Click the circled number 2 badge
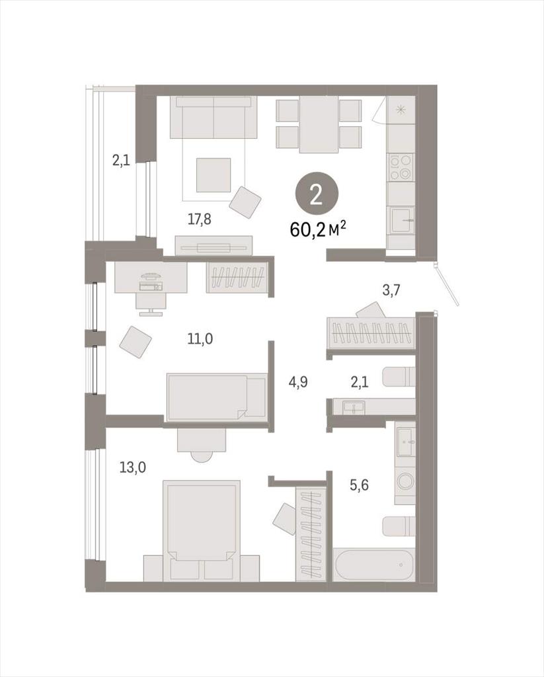click(x=317, y=196)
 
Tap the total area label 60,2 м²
click(x=319, y=229)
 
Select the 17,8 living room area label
click(x=200, y=219)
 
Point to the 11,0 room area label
click(x=200, y=339)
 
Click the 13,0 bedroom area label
click(x=133, y=467)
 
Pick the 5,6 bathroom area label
click(x=359, y=486)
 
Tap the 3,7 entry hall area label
click(x=391, y=290)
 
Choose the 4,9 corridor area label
click(x=298, y=382)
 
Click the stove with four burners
click(x=401, y=167)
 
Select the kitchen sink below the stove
click(x=402, y=221)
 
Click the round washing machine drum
click(x=406, y=481)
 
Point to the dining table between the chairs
click(x=319, y=124)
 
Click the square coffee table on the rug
click(x=214, y=175)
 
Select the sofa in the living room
click(x=214, y=117)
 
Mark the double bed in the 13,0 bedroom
click(x=201, y=530)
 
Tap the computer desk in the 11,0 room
click(x=151, y=277)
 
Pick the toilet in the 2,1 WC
click(x=399, y=377)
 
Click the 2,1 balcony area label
click(x=121, y=161)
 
